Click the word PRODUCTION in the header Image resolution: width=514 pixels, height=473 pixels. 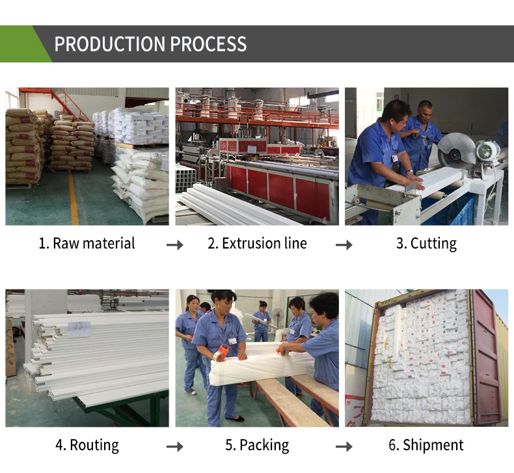pyautogui.click(x=109, y=44)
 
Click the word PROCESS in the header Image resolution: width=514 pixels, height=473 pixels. pyautogui.click(x=208, y=44)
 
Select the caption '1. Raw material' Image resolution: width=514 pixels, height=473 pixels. pyautogui.click(x=87, y=243)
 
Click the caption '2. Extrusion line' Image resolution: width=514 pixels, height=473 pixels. pyautogui.click(x=258, y=243)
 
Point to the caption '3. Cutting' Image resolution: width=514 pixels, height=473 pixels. pyautogui.click(x=426, y=244)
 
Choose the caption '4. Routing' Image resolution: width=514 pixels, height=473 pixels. pyautogui.click(x=87, y=446)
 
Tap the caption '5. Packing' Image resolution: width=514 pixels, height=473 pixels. pyautogui.click(x=258, y=446)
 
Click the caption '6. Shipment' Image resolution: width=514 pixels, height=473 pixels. pyautogui.click(x=426, y=446)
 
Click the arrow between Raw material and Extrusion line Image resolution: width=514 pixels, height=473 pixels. pyautogui.click(x=175, y=245)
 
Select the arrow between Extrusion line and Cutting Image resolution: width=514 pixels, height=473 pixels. pyautogui.click(x=344, y=245)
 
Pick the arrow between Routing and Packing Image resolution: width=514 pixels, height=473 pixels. pyautogui.click(x=175, y=446)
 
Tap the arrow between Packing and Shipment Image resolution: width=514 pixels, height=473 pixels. pyautogui.click(x=344, y=446)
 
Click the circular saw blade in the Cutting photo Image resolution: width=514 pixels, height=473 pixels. pyautogui.click(x=455, y=152)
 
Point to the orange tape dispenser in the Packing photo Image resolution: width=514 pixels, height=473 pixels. pyautogui.click(x=221, y=352)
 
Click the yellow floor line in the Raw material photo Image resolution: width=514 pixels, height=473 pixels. pyautogui.click(x=74, y=198)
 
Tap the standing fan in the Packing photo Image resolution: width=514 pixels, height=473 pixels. pyautogui.click(x=278, y=319)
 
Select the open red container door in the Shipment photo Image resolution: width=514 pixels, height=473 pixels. pyautogui.click(x=487, y=357)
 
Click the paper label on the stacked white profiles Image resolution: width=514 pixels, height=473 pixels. pyautogui.click(x=79, y=329)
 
